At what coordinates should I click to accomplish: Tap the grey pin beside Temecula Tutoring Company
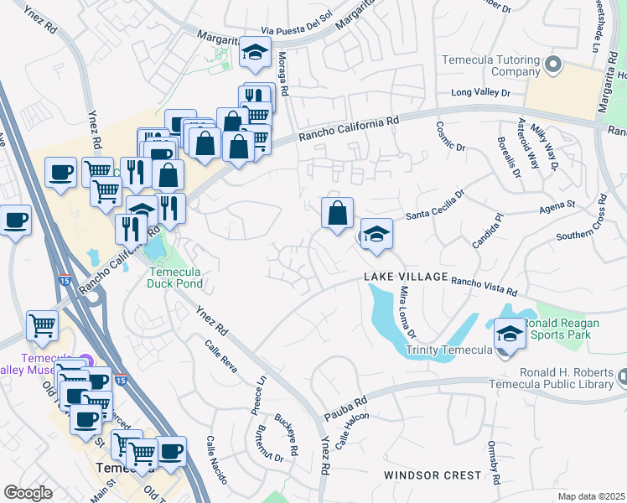click(552, 65)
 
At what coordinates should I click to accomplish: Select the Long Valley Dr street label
click(481, 93)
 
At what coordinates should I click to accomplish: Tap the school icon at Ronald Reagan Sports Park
click(510, 334)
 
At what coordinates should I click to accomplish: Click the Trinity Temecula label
click(447, 350)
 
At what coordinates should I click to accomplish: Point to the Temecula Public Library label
click(562, 378)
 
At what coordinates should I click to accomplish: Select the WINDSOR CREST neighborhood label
click(433, 475)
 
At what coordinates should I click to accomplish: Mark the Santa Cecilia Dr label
click(435, 209)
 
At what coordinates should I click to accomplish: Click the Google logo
click(28, 492)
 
